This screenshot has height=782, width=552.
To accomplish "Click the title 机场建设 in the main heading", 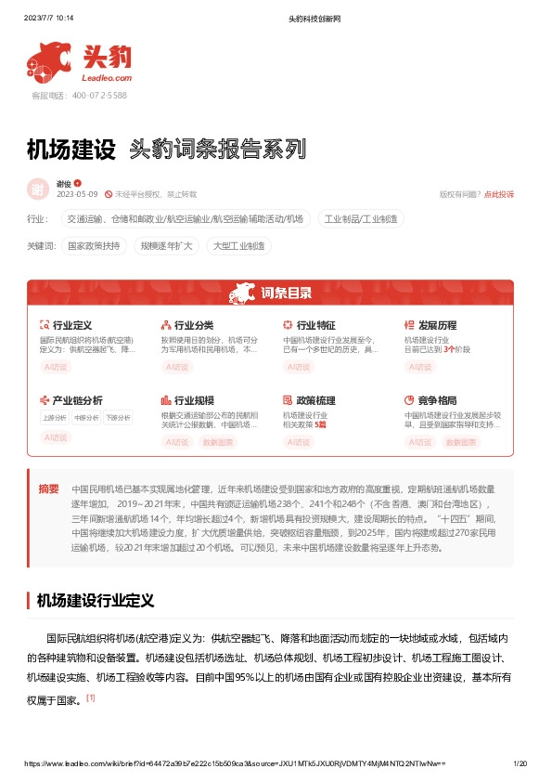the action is pos(71,149).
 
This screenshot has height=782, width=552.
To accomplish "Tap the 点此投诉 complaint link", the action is pos(498,194).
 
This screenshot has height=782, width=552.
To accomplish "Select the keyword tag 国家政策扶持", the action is pos(94,246).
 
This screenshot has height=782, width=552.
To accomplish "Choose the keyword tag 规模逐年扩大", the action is pos(166,246).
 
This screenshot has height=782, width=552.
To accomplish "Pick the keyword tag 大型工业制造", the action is pos(237,246).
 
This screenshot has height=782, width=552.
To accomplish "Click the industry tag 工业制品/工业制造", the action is pos(362,219).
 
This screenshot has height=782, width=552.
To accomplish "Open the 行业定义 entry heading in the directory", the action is pos(71,326).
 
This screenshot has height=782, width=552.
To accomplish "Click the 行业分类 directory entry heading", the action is pos(193,326).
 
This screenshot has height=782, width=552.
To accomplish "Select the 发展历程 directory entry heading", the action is pos(437,326).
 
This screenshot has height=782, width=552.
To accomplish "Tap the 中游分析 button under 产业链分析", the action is pos(86,418).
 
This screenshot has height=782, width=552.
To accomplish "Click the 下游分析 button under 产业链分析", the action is pos(117,418).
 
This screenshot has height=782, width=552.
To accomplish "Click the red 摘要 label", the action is pos(48,489).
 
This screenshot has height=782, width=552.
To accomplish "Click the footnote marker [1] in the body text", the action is pos(90,697).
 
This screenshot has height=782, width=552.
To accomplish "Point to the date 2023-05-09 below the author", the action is pos(77,194).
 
